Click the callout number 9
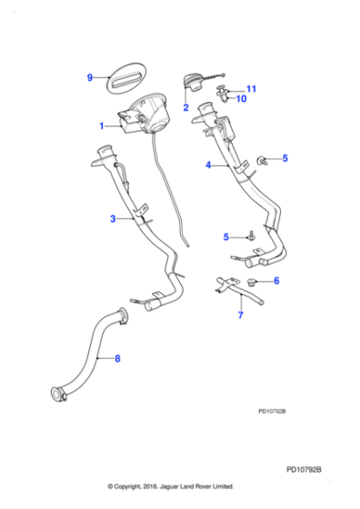click(x=90, y=77)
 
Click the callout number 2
click(x=185, y=107)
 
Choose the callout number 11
click(x=252, y=88)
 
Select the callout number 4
click(x=208, y=165)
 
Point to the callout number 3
click(x=113, y=219)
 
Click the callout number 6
click(x=276, y=281)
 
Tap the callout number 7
click(x=240, y=316)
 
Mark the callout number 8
click(x=116, y=359)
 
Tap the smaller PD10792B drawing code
click(x=272, y=411)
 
